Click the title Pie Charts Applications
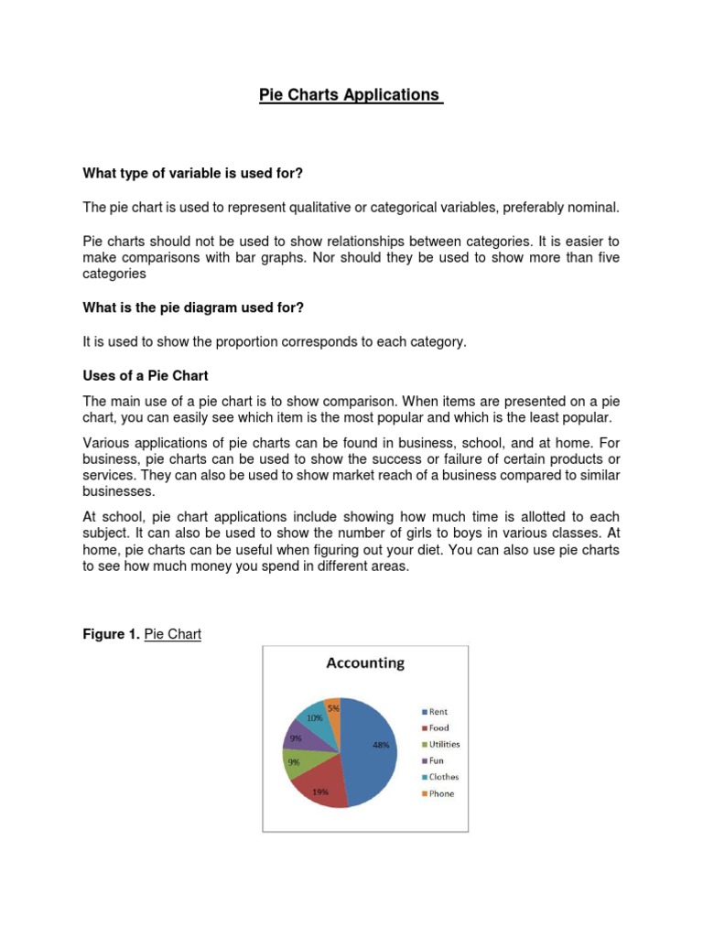pos(351,95)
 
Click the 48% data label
pos(382,745)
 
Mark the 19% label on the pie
pos(320,792)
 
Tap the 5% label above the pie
pos(333,706)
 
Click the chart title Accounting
pos(365,663)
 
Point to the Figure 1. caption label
pos(112,633)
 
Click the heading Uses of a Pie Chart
pos(146,376)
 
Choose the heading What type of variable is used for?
pos(192,172)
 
